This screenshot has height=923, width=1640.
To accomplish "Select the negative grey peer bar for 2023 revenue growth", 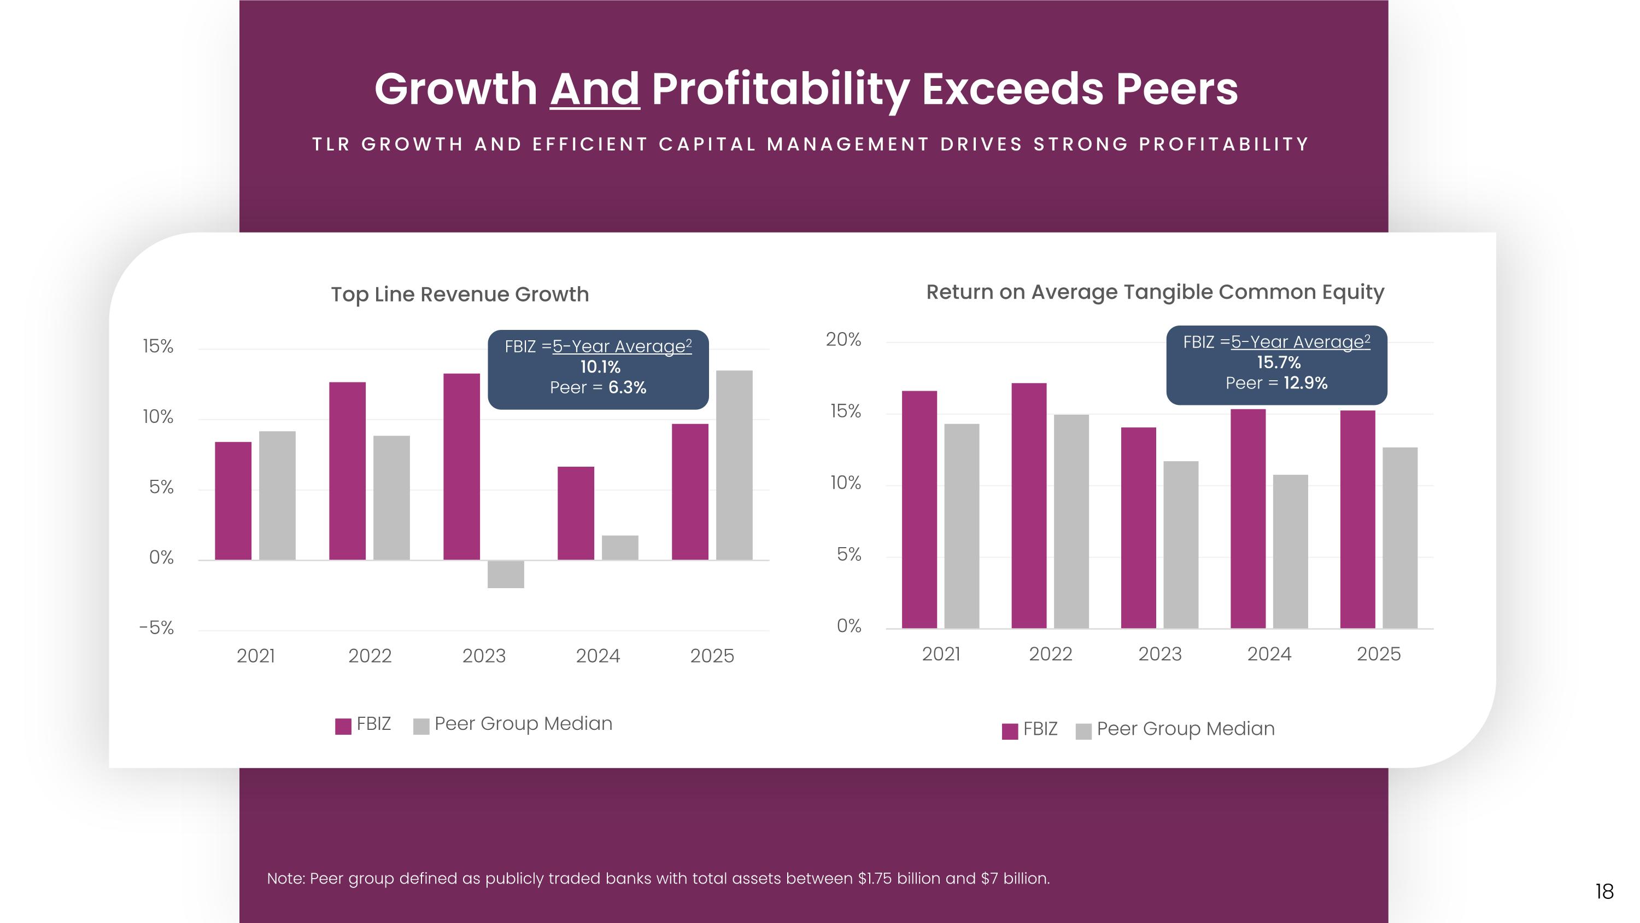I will click(506, 574).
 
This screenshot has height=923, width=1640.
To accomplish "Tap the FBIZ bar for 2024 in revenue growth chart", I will click(576, 513).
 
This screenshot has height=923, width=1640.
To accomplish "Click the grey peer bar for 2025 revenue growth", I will click(734, 465).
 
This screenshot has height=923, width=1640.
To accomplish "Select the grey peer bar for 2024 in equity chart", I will click(1291, 552).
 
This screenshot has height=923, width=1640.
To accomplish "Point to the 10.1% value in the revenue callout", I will click(600, 367).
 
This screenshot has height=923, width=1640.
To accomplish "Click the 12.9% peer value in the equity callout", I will click(1305, 383).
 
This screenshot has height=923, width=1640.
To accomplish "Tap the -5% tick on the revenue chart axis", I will click(156, 628).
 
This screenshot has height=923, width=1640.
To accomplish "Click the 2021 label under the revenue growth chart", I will click(255, 655).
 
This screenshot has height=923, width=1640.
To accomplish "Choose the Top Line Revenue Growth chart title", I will click(460, 294).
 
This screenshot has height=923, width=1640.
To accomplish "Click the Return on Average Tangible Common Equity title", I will click(1155, 292).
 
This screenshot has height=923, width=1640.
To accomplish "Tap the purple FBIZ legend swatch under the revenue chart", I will click(343, 726).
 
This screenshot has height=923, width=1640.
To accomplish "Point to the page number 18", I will click(1604, 891).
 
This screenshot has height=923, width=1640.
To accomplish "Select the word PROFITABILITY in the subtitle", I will click(1223, 144).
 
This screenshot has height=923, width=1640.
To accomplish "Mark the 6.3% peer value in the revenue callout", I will click(627, 387).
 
